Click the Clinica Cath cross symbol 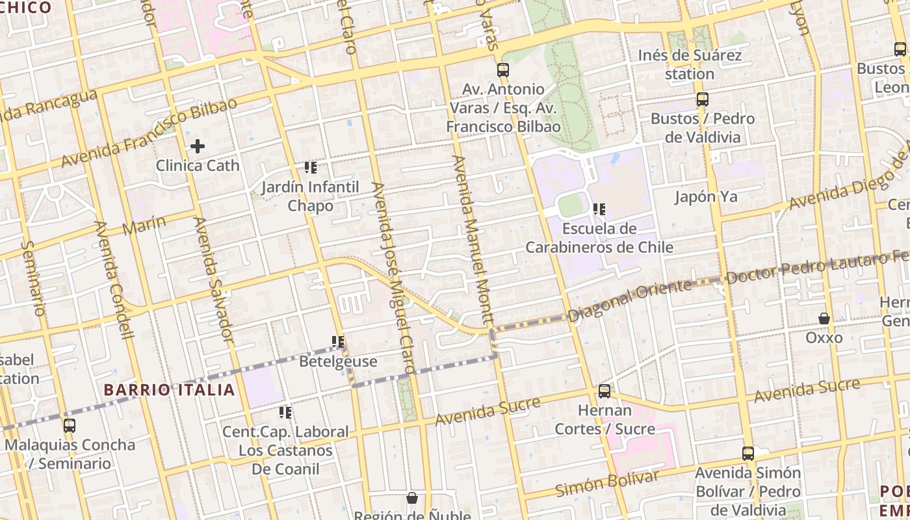(198, 146)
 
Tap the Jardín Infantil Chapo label (310, 196)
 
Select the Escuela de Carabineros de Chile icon (599, 209)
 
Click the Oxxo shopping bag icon (824, 318)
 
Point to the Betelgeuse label (338, 361)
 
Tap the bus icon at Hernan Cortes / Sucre (604, 391)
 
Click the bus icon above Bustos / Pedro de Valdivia (703, 99)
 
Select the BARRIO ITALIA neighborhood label (169, 390)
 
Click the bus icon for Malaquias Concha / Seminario (70, 426)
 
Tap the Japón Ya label (706, 197)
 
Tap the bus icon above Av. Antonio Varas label (503, 70)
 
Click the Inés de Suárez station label (690, 64)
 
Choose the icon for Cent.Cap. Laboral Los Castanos (285, 412)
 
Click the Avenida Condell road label (114, 280)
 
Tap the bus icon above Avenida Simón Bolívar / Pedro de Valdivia (748, 454)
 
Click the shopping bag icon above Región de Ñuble (412, 499)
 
